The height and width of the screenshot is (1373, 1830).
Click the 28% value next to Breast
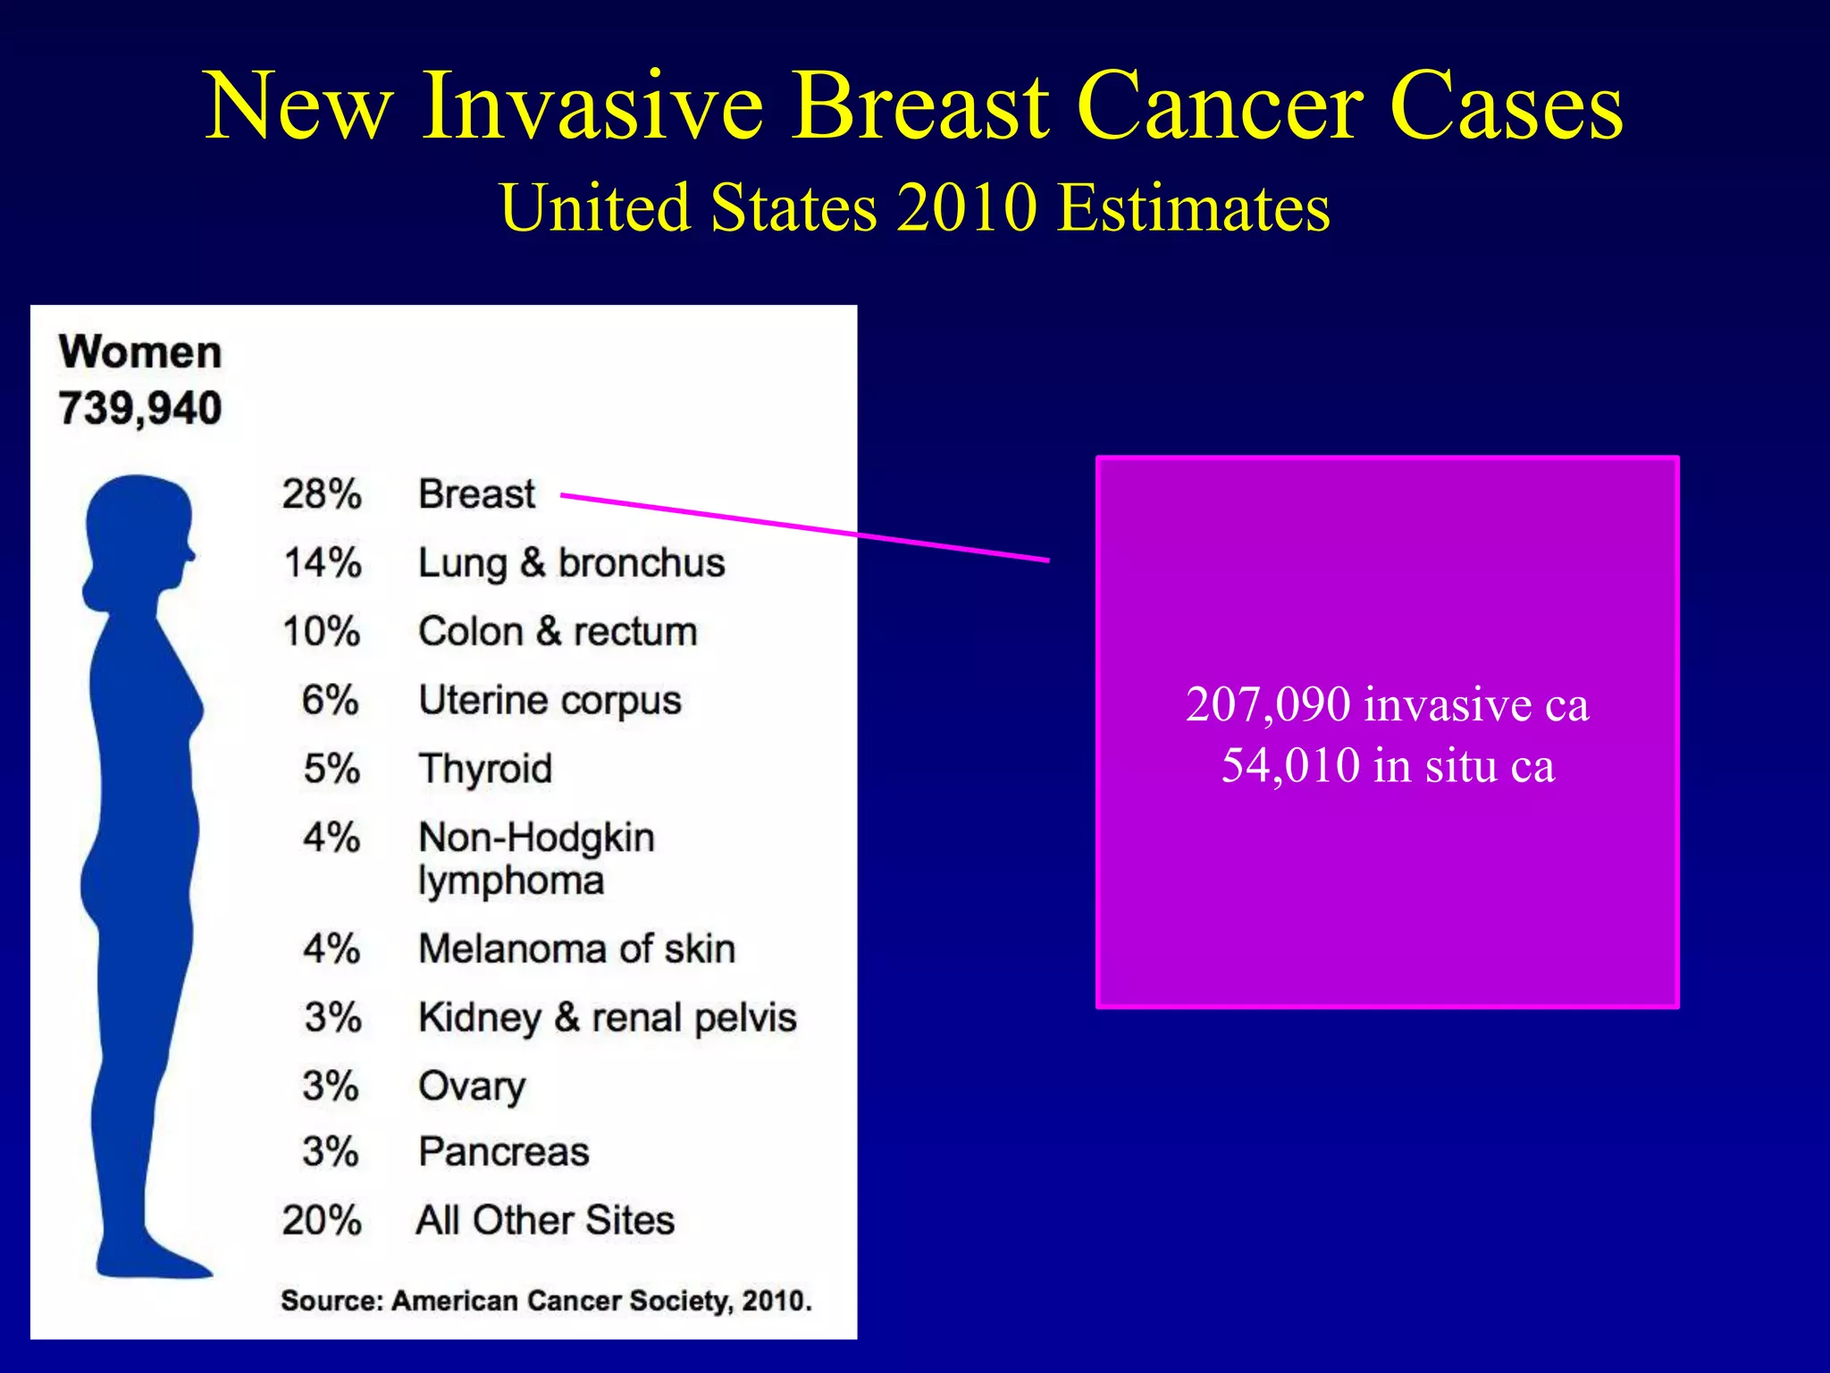click(322, 494)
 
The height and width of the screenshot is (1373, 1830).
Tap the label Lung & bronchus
click(571, 563)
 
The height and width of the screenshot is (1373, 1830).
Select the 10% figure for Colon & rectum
click(322, 632)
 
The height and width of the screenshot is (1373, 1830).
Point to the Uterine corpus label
click(550, 701)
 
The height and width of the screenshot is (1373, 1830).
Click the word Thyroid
click(485, 769)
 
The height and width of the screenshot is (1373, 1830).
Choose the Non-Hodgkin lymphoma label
click(536, 858)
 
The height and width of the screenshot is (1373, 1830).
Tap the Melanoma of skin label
click(576, 949)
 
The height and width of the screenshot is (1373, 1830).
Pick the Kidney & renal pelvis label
click(607, 1018)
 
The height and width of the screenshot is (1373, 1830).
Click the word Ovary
click(472, 1087)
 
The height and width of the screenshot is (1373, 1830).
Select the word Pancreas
click(504, 1152)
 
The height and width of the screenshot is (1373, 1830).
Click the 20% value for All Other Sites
click(322, 1221)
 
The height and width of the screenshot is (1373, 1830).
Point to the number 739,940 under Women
click(140, 409)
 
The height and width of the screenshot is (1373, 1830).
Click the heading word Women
click(140, 352)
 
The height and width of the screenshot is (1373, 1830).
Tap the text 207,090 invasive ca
click(1387, 704)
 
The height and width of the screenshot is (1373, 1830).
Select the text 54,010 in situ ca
click(1387, 765)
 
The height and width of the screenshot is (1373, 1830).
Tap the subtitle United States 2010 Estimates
click(915, 207)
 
